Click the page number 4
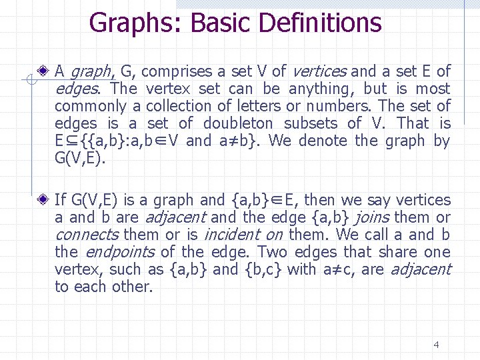tap(436, 345)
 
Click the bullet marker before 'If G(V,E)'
tap(43, 199)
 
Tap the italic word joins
tap(373, 217)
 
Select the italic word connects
tap(87, 235)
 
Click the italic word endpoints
tap(120, 252)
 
